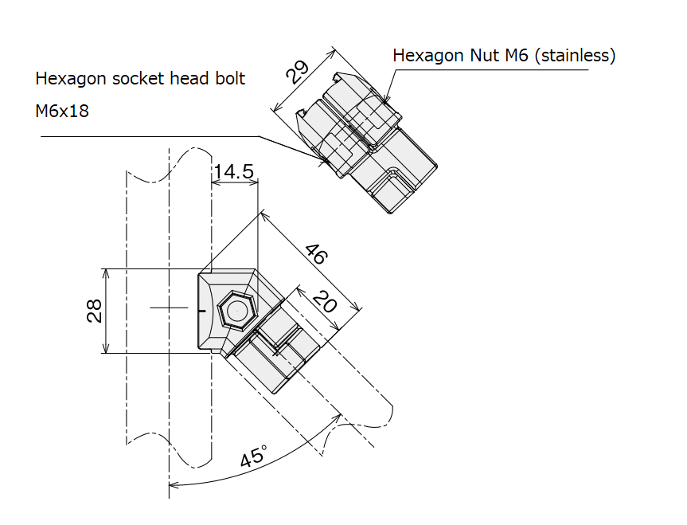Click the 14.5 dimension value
coord(233,171)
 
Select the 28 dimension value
coord(94,311)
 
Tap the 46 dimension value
coord(317,254)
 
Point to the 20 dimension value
coord(325,301)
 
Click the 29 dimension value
coord(298,72)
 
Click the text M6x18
coord(62,111)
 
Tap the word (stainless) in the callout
coord(576,55)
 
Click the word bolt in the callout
coord(230,78)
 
